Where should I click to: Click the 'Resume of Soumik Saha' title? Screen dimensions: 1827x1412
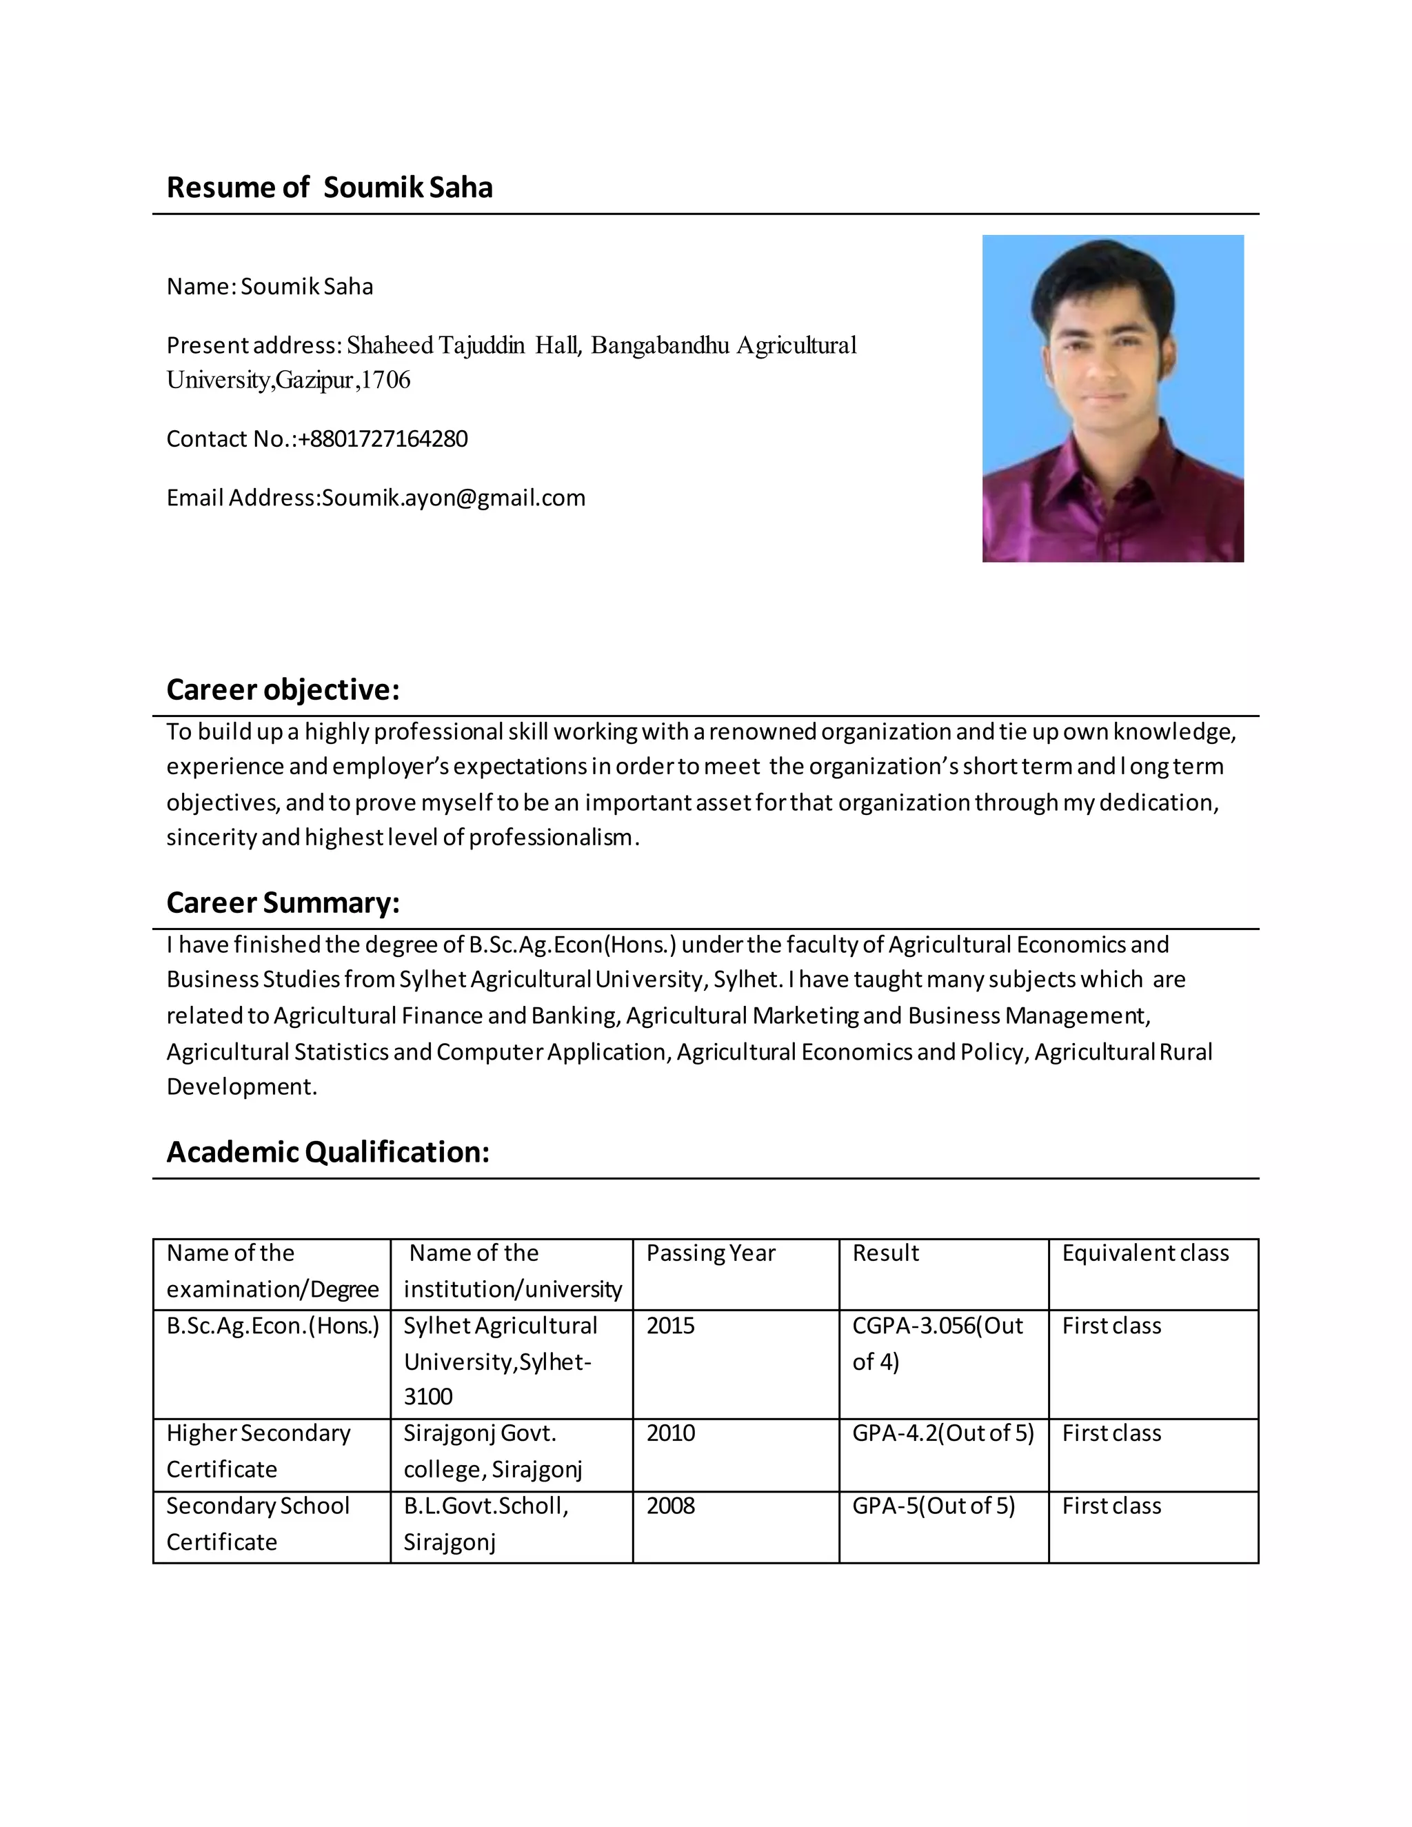[x=330, y=188]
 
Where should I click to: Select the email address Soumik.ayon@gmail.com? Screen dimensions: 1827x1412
[x=454, y=498]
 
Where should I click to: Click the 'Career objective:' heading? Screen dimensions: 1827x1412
[x=283, y=690]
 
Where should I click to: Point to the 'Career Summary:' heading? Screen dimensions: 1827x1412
[x=283, y=903]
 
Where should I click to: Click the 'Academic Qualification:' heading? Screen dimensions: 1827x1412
[x=328, y=1153]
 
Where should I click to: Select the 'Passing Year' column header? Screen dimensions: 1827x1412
[x=710, y=1253]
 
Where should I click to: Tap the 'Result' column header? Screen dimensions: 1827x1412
[x=885, y=1253]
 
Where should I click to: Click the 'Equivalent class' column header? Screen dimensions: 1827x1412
[x=1145, y=1253]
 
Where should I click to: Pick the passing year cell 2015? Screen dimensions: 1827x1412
[x=670, y=1326]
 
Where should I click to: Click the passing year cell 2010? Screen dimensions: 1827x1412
[x=670, y=1433]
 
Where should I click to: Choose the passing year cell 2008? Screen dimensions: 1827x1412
[x=670, y=1506]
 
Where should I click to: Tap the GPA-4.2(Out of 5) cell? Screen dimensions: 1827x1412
[x=942, y=1433]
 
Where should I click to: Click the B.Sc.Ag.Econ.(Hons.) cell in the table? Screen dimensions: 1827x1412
[x=273, y=1326]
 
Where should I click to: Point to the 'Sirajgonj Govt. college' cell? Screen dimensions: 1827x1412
[x=493, y=1451]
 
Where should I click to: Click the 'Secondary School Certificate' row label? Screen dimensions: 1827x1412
[x=258, y=1524]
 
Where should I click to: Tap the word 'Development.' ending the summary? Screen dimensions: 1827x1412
[x=242, y=1087]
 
